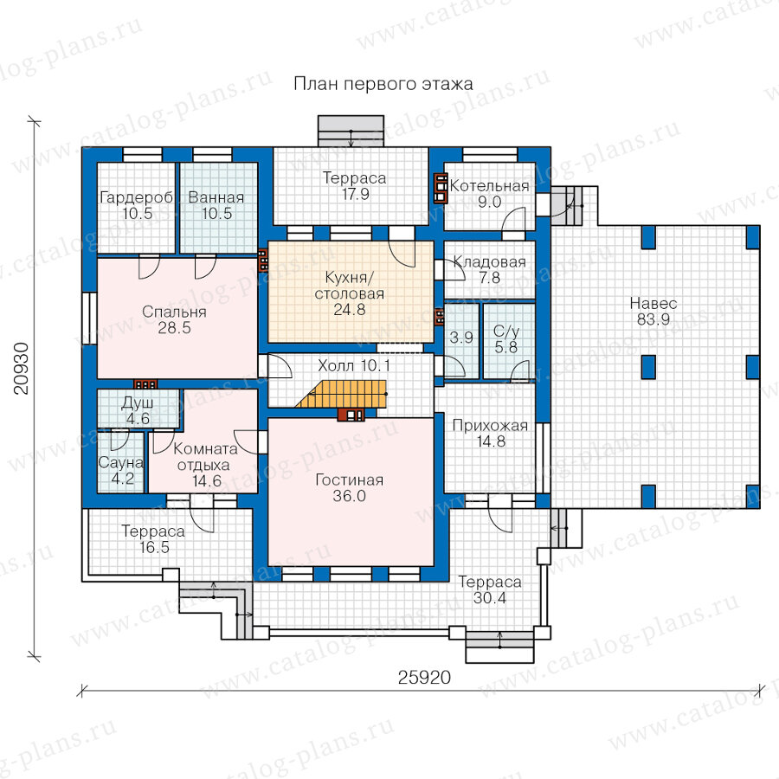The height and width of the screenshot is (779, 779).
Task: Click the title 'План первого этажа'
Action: point(383,83)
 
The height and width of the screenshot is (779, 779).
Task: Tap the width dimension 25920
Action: point(424,677)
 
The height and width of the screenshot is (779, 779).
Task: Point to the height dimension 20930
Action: point(22,369)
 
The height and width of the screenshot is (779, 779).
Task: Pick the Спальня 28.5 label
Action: point(174,319)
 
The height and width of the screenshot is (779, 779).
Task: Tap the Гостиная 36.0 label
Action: point(350,488)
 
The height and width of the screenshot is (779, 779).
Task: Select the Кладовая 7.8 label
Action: point(489,269)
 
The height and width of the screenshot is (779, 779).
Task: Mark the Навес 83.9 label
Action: point(653,311)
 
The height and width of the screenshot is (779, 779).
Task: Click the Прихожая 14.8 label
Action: point(491,434)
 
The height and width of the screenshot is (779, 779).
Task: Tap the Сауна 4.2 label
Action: point(121,471)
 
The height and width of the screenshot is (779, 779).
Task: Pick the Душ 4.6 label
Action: point(138,410)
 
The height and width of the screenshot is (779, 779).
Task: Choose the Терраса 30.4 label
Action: point(490,589)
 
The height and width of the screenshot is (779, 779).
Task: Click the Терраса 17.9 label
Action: point(355,186)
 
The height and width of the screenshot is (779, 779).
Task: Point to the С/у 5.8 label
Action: point(506,338)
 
